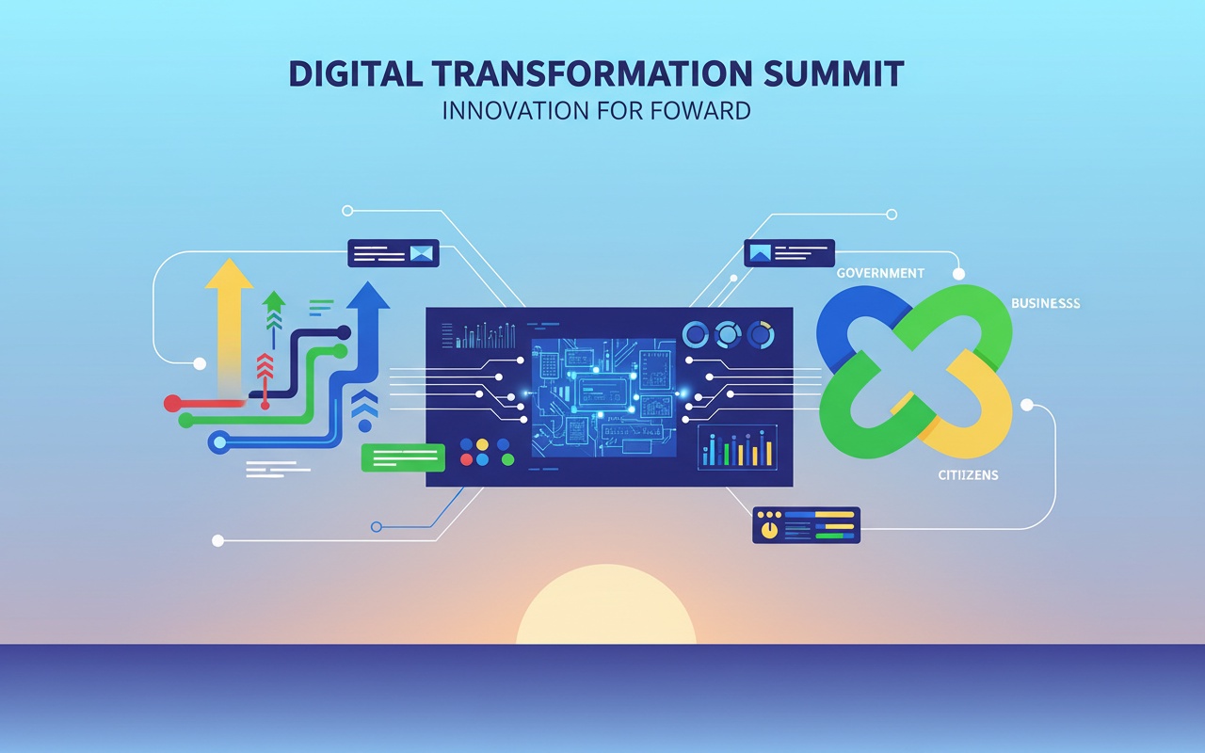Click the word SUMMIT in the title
pos(833,73)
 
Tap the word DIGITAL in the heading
pos(356,73)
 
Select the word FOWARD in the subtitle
pos(699,110)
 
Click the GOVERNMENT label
pos(880,273)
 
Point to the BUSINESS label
pos(1045,303)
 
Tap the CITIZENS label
pos(968,475)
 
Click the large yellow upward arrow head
pos(229,273)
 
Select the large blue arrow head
pos(368,296)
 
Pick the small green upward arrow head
pos(274,300)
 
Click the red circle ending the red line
pos(172,403)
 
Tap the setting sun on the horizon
pos(606,604)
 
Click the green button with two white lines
pos(403,457)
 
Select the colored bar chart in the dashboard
pos(737,447)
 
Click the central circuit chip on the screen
pos(603,391)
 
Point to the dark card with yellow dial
pos(806,525)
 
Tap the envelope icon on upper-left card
pos(421,253)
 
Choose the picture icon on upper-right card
pos(760,252)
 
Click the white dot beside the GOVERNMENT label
pos(958,274)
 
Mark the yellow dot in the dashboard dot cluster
pos(483,444)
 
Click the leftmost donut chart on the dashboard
pos(696,334)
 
